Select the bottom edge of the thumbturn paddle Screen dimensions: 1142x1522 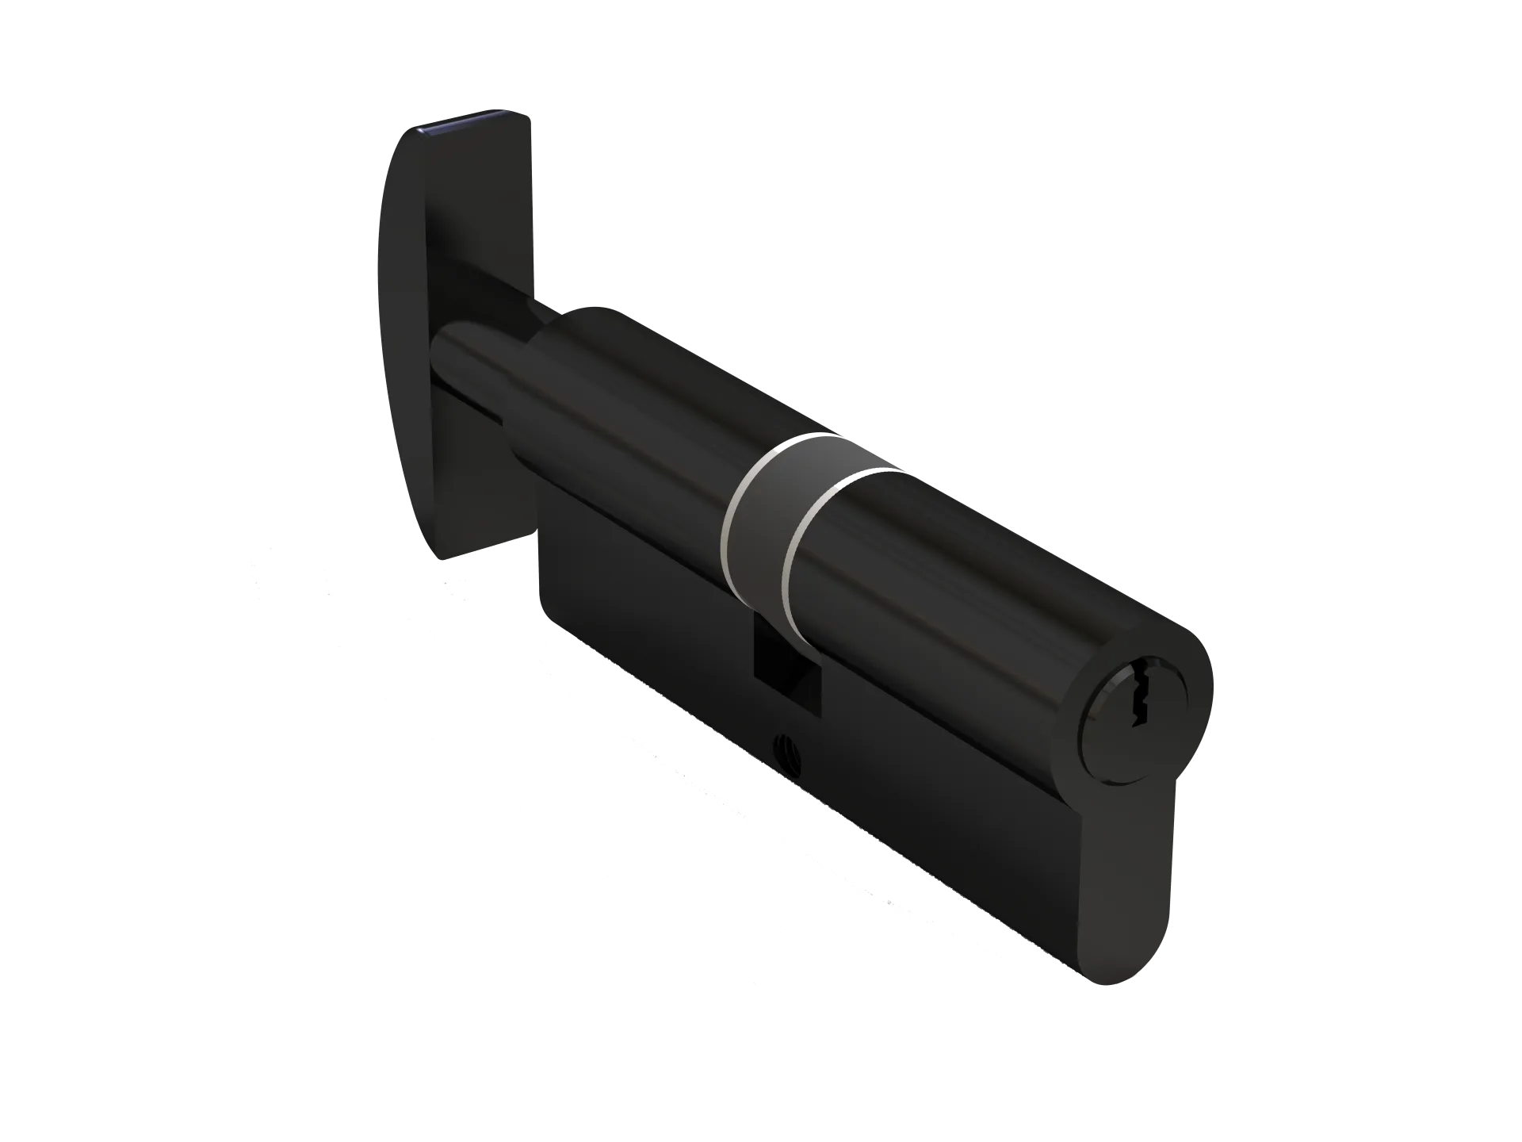(x=476, y=547)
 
